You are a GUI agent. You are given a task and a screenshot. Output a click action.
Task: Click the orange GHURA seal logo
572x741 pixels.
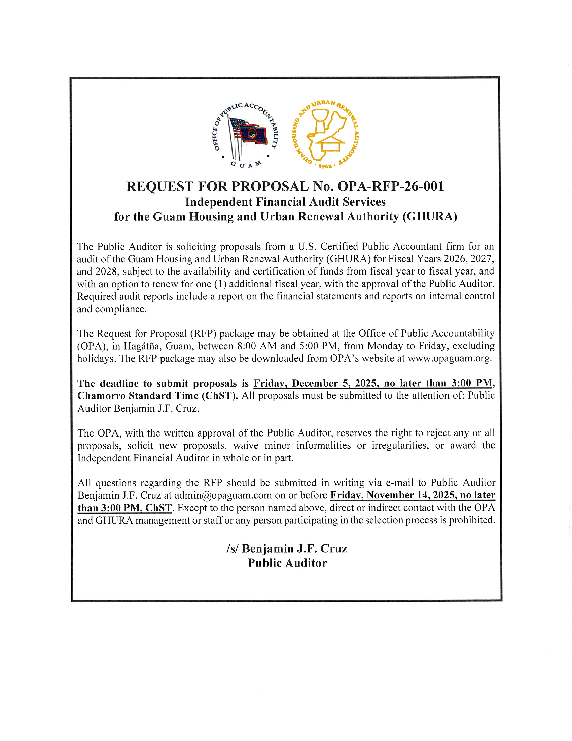tap(326, 135)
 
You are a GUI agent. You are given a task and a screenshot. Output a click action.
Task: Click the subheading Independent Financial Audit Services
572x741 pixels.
tap(285, 202)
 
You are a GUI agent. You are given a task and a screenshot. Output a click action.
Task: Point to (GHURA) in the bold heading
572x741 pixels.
tap(430, 217)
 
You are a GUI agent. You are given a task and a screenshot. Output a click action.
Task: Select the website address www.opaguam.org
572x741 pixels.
tap(449, 359)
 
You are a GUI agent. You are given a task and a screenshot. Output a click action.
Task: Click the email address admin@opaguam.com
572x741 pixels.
tap(223, 495)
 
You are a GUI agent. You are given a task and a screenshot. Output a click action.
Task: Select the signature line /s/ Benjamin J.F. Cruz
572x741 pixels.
tap(287, 549)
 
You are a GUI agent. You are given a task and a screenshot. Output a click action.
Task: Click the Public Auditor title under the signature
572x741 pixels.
tap(287, 563)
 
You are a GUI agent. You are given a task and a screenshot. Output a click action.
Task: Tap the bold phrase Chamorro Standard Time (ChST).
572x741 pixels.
tap(157, 396)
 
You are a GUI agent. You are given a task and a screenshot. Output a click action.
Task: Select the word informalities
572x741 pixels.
tap(324, 446)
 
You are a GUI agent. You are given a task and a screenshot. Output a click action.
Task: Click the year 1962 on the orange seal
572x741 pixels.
tap(325, 166)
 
